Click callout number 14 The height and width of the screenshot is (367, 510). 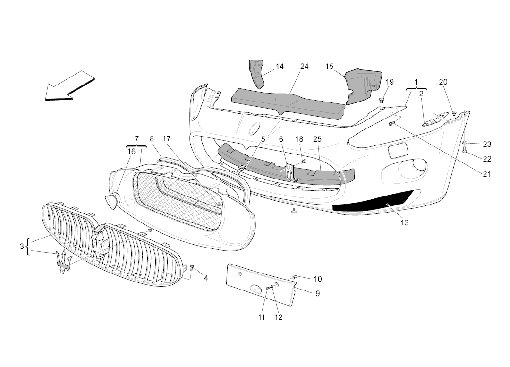coord(280,67)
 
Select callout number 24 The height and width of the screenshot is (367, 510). coord(304,67)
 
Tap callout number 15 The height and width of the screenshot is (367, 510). coord(330,67)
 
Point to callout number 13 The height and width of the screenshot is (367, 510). coord(405,222)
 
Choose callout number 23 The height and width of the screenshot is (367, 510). coord(487,145)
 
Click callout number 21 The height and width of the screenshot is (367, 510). coord(487,174)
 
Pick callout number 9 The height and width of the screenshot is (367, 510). coord(317,293)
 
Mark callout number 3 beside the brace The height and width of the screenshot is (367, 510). coord(22,246)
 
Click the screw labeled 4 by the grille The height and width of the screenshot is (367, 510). coord(192,268)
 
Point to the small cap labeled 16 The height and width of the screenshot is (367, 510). coord(112,202)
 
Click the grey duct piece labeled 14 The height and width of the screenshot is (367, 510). coord(258,73)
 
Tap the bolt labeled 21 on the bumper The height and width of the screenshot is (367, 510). coord(391,123)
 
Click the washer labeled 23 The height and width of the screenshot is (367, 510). coord(465,142)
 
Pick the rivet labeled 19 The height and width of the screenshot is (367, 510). coord(382,100)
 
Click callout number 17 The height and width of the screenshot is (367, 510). coord(166,139)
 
